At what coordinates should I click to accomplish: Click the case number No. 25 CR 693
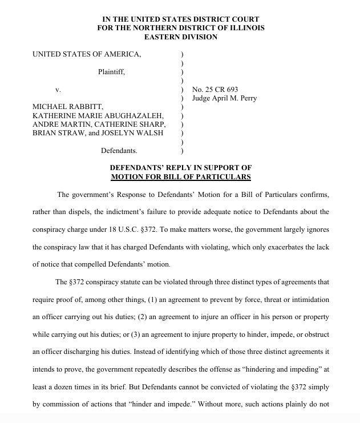(215, 90)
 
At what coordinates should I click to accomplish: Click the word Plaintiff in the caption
(111, 72)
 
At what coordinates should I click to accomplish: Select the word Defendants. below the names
(119, 151)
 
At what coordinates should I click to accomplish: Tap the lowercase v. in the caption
(58, 90)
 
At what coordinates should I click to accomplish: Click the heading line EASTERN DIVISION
(180, 37)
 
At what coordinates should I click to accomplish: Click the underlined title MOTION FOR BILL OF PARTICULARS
(180, 177)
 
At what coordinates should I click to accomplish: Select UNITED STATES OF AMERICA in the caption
(87, 54)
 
